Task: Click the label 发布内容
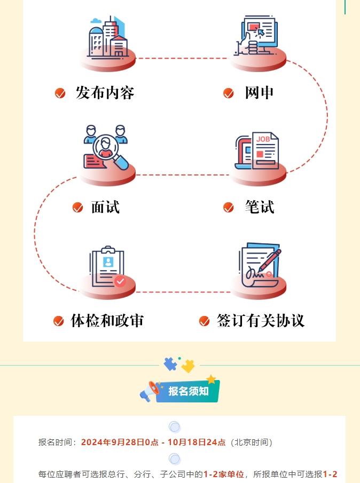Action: tap(105, 93)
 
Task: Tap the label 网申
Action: tap(260, 93)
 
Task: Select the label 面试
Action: tap(105, 207)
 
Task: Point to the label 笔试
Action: tap(260, 207)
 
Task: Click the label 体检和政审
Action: tap(107, 321)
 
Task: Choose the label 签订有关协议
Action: tap(260, 321)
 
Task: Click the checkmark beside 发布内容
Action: tap(60, 93)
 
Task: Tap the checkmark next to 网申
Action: tap(229, 93)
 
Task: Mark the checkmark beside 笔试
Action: tap(229, 208)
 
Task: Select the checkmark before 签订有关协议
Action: tap(204, 321)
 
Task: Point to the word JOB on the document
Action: tap(263, 139)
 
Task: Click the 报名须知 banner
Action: tap(189, 391)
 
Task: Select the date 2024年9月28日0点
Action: tap(120, 442)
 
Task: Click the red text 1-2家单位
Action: tap(223, 474)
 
